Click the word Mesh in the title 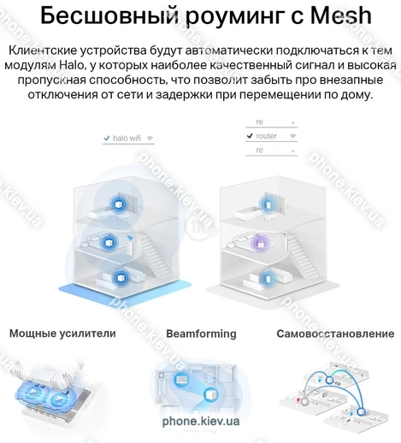tap(340, 15)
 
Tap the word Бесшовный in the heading tap(109, 15)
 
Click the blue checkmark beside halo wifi tap(107, 139)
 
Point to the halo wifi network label tap(127, 139)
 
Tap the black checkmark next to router tap(250, 136)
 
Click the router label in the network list tap(267, 136)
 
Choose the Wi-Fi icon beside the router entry tap(292, 136)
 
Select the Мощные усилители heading tap(62, 334)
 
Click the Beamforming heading tap(201, 334)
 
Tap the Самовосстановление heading tap(335, 334)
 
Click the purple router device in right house tap(261, 243)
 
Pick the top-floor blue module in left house tap(117, 204)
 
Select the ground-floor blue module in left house tap(121, 278)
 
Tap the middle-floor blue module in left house tap(109, 244)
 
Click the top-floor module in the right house tap(268, 204)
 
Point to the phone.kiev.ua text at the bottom tap(201, 421)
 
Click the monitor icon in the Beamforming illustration tap(181, 380)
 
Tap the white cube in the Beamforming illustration tap(212, 395)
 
